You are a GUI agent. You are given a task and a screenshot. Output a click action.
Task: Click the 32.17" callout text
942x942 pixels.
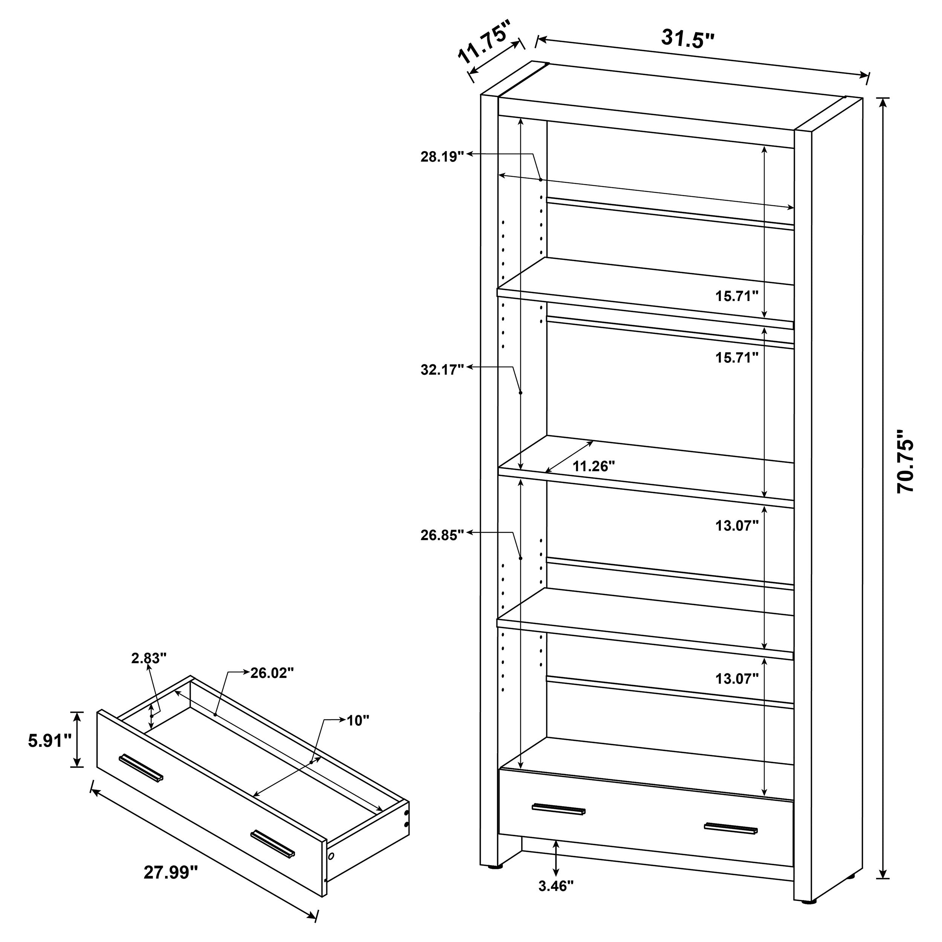[442, 370]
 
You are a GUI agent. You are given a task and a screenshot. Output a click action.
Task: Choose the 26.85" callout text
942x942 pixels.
[442, 535]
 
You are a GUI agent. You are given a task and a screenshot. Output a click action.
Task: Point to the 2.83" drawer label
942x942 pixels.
[149, 658]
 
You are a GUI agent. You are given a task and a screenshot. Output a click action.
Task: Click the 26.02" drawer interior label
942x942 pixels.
[272, 673]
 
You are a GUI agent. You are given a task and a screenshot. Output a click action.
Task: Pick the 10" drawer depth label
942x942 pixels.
[357, 720]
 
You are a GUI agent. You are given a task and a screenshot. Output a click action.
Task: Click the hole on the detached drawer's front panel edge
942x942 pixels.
[332, 856]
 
